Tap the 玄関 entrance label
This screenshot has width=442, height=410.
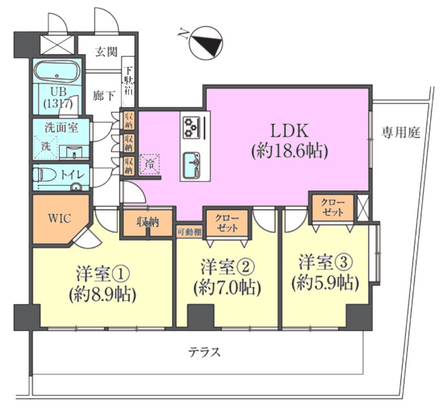pos(106,53)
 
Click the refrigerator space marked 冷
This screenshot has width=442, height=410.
pos(148,163)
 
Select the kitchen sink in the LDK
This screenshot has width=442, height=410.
pos(193,164)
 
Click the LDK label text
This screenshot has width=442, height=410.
pos(290,131)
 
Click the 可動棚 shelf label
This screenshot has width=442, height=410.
pos(189,231)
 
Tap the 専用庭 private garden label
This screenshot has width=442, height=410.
pos(401,133)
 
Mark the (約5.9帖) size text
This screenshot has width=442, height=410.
pos(325,283)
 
